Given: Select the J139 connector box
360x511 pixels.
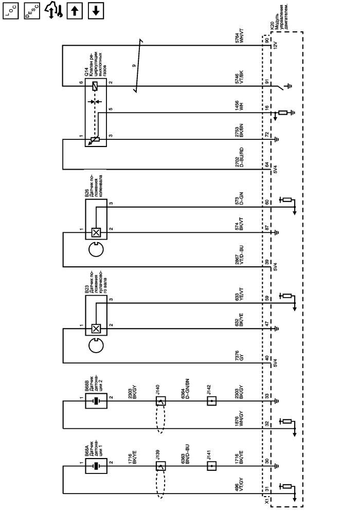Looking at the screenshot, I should [160, 467].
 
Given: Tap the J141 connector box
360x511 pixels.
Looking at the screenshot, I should [211, 467].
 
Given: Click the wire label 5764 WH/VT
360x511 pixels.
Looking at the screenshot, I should [238, 38].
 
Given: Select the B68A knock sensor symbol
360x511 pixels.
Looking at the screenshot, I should [96, 467].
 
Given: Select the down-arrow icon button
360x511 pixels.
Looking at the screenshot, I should [96, 10].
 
